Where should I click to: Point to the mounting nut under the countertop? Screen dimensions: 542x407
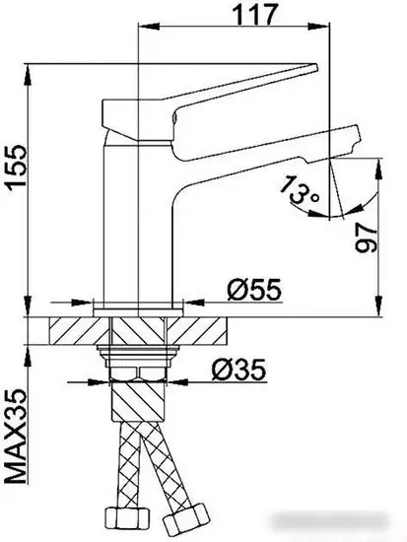pyautogui.click(x=142, y=371)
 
